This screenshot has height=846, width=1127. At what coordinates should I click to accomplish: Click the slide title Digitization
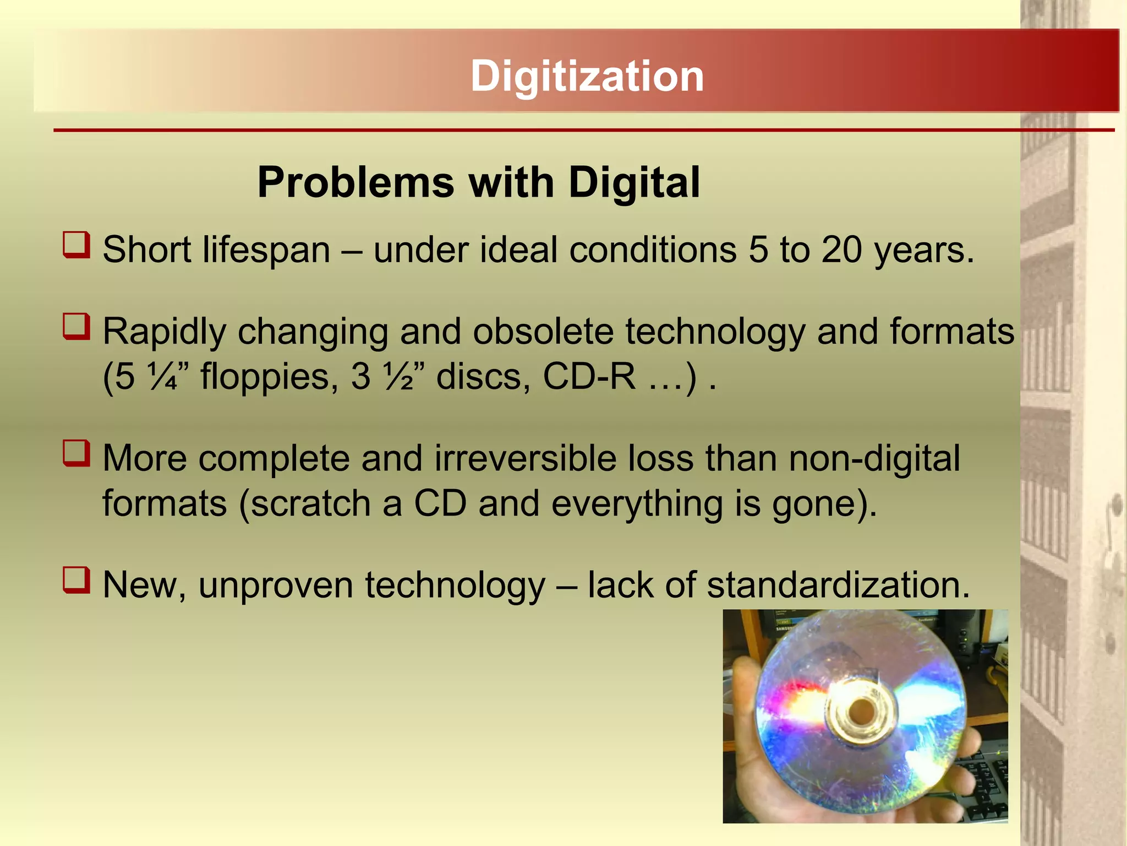587,76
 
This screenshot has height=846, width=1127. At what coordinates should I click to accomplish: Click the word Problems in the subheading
355,182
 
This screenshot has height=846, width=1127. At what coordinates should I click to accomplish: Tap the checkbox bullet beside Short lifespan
76,245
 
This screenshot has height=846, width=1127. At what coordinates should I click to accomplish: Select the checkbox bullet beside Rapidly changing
76,327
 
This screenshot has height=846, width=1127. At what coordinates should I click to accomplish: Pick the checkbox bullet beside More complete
76,453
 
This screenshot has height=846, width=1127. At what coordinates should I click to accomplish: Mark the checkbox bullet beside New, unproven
76,580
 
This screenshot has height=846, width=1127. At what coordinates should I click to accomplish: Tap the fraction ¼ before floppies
163,377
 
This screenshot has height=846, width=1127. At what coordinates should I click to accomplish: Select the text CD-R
589,377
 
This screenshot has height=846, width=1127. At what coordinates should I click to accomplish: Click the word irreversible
525,458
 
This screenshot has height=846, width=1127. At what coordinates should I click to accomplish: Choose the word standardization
838,584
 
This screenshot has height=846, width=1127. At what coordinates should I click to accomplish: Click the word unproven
276,585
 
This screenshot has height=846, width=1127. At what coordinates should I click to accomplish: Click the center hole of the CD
859,712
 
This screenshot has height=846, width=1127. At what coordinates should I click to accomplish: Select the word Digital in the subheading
634,182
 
